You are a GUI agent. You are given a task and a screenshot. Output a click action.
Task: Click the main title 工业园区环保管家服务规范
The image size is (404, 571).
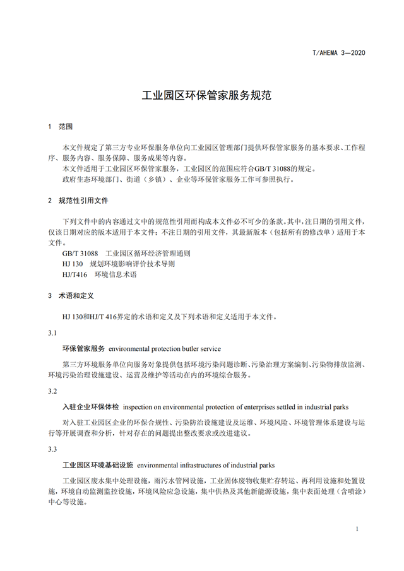pos(202,96)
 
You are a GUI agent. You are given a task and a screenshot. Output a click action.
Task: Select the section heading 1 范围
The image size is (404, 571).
pos(61,126)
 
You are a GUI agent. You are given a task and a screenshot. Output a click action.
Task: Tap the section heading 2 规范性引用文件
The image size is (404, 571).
pos(78,200)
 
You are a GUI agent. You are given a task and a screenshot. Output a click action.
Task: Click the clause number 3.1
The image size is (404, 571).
pos(52,333)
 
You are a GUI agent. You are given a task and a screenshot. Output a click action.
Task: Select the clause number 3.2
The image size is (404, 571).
pos(52,391)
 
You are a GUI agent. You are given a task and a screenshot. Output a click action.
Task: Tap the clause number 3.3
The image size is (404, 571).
pos(52,449)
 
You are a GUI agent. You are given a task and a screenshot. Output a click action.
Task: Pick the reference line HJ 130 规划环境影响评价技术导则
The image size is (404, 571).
pos(119,264)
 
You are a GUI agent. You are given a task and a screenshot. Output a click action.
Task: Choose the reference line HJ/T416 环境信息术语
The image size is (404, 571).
pos(99,274)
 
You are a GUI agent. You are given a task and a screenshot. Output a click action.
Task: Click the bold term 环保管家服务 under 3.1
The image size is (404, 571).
pos(83,348)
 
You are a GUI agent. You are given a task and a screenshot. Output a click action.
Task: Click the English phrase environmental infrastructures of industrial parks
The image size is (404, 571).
pos(206,465)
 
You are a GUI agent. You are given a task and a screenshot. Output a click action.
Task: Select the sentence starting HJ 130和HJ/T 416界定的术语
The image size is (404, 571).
pos(169,317)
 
